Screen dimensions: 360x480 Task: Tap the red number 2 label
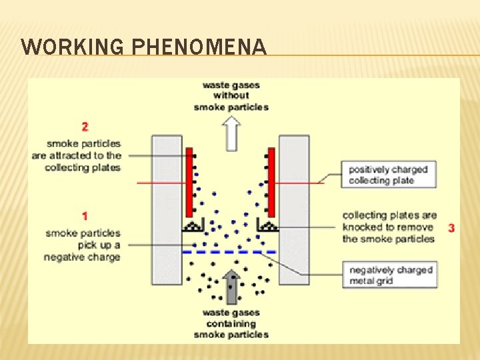[x=85, y=126]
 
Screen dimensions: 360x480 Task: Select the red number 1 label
[x=85, y=216]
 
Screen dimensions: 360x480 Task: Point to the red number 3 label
[x=451, y=228]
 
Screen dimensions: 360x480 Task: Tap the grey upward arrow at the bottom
[x=231, y=287]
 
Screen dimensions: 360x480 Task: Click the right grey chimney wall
[x=294, y=210]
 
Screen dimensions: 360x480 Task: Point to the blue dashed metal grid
[x=229, y=252]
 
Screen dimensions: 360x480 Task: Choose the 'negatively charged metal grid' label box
[x=391, y=275]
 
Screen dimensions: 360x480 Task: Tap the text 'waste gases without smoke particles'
[x=231, y=96]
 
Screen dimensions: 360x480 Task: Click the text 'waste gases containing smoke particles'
[x=231, y=324]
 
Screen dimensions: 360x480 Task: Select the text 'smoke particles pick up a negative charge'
[x=83, y=245]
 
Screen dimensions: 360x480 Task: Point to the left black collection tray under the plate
[x=193, y=227]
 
